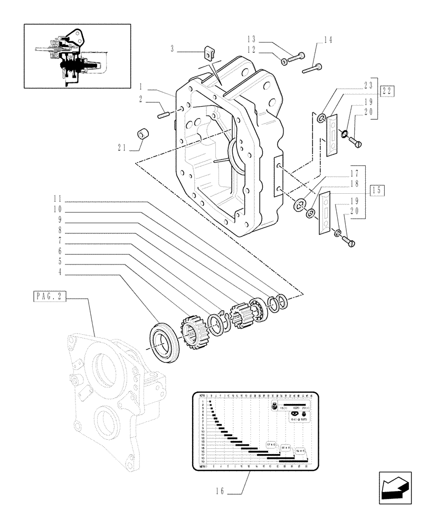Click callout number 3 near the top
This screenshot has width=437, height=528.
click(173, 50)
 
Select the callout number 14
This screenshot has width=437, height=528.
click(328, 40)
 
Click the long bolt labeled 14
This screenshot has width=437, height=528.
click(312, 68)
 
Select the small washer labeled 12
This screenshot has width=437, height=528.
click(284, 62)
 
